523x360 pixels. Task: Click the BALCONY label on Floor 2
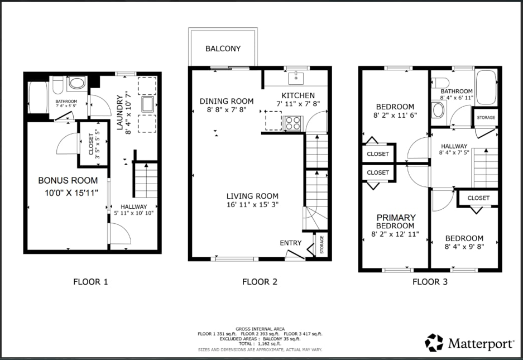(x=223, y=49)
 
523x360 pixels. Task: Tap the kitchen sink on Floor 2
(x=296, y=78)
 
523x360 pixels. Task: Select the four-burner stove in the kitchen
(x=292, y=123)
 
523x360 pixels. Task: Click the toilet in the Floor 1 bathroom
(x=57, y=85)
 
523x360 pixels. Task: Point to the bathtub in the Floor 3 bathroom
(x=486, y=88)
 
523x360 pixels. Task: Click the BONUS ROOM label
(x=68, y=180)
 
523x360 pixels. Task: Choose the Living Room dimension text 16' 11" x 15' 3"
(x=252, y=204)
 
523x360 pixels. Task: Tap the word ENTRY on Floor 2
(x=290, y=243)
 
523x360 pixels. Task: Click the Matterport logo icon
(x=434, y=343)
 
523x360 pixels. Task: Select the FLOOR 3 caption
(x=430, y=282)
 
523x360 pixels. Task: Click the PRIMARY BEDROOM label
(x=396, y=222)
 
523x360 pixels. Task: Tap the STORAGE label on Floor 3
(x=486, y=117)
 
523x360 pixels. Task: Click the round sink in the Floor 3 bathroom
(x=438, y=110)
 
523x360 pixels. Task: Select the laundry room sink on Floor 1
(x=147, y=104)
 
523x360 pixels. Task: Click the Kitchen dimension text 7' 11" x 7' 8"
(x=298, y=104)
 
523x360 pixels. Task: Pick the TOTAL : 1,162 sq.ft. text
(x=260, y=344)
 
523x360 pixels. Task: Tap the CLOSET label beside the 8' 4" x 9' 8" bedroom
(x=478, y=198)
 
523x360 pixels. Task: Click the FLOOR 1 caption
(x=91, y=282)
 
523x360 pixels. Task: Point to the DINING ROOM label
(x=227, y=101)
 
